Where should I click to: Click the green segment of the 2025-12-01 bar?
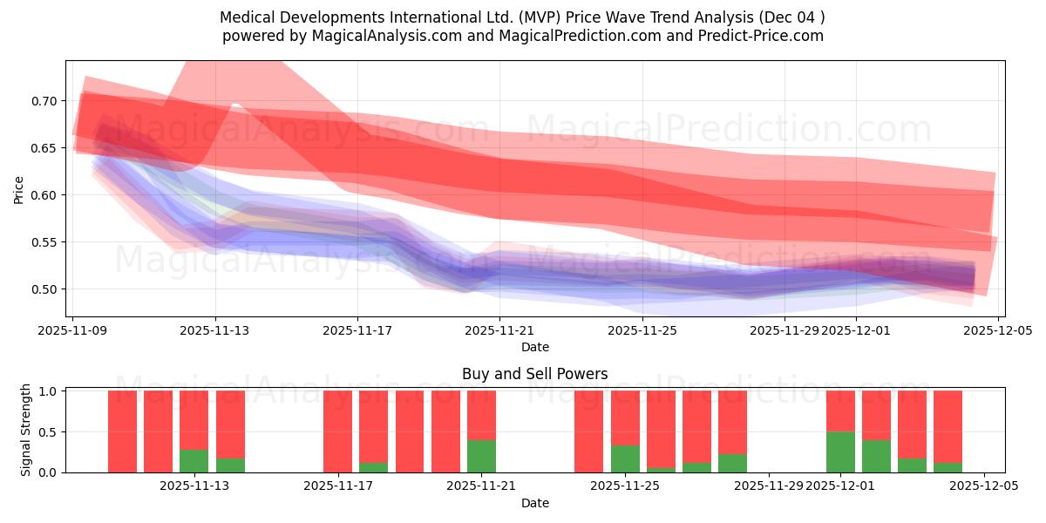point(840,452)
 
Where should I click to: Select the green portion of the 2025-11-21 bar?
point(481,456)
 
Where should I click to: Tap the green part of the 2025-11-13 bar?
point(194,461)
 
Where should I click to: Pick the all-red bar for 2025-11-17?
point(337,431)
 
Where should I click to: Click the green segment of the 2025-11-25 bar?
point(625,458)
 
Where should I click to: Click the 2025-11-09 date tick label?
point(73,330)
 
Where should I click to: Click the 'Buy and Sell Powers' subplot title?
point(534,374)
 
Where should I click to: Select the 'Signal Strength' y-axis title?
point(26,430)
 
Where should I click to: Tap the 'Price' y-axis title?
point(18,190)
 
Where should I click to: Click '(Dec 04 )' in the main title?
point(788,17)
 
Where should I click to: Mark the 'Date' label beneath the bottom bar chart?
point(534,503)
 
